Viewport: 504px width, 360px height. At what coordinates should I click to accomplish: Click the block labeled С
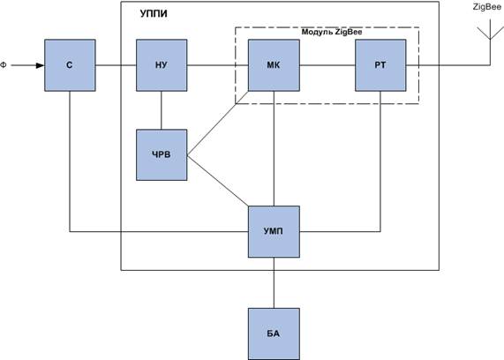pos(70,65)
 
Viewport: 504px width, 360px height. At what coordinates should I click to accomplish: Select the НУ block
pos(162,65)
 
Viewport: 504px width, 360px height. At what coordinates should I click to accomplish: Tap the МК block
pos(274,65)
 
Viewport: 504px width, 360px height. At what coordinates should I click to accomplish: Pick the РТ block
pos(380,65)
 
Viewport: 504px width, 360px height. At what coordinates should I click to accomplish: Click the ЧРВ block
pos(162,155)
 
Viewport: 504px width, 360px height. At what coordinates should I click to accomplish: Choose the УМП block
pos(274,231)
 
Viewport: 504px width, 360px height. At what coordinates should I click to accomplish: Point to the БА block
pos(274,334)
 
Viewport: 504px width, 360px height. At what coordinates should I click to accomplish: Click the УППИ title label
pos(154,14)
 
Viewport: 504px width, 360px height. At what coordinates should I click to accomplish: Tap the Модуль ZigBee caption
pos(332,32)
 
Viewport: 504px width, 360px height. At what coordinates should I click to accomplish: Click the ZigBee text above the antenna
pos(487,7)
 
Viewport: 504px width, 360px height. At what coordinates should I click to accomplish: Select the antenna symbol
pos(490,41)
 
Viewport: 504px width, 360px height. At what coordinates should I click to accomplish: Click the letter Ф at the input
pos(4,65)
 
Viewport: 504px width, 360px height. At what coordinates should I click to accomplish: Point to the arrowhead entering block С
pos(41,65)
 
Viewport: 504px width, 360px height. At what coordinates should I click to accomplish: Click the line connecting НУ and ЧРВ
pos(162,110)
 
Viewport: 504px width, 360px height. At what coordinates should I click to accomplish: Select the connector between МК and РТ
pos(327,65)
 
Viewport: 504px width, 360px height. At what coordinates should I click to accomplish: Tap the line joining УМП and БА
pos(274,283)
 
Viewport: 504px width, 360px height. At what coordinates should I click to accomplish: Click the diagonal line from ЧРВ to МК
pos(218,124)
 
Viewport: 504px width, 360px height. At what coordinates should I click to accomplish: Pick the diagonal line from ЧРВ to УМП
pos(218,181)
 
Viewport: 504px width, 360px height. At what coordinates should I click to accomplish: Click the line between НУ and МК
pos(218,65)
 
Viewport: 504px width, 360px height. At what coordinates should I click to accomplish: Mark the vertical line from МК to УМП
pos(274,148)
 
